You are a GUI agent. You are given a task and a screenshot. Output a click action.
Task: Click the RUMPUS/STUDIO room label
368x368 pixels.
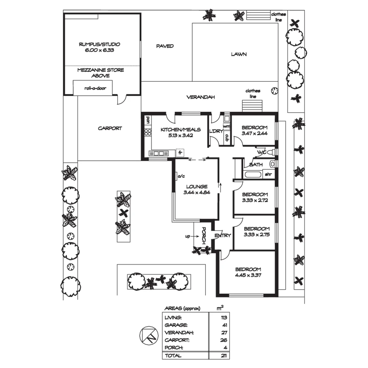pyautogui.click(x=99, y=44)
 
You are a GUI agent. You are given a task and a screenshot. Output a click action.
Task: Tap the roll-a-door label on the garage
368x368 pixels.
pyautogui.click(x=95, y=88)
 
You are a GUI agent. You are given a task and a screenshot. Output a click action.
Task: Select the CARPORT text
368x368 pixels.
pyautogui.click(x=110, y=128)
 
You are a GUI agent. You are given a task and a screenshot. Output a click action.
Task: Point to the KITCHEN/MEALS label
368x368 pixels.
pyautogui.click(x=180, y=130)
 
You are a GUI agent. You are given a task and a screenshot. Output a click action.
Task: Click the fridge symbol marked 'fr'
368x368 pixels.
pyautogui.click(x=180, y=153)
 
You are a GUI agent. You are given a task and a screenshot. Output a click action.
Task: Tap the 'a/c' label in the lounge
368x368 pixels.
pyautogui.click(x=181, y=176)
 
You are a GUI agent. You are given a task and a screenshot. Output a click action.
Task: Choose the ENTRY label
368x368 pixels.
pyautogui.click(x=223, y=235)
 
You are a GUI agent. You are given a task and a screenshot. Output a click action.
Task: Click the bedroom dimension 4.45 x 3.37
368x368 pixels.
pyautogui.click(x=248, y=275)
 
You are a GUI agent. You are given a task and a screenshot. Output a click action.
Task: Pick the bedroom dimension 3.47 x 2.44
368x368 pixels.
pyautogui.click(x=254, y=133)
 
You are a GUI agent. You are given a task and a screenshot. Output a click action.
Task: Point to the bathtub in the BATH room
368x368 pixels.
pyautogui.click(x=253, y=175)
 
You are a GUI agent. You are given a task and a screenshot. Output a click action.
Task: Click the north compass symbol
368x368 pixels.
pyautogui.click(x=148, y=336)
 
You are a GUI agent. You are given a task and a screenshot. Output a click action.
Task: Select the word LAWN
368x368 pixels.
pyautogui.click(x=239, y=54)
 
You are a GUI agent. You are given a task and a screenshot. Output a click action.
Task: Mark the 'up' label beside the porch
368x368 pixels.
pyautogui.click(x=187, y=236)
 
